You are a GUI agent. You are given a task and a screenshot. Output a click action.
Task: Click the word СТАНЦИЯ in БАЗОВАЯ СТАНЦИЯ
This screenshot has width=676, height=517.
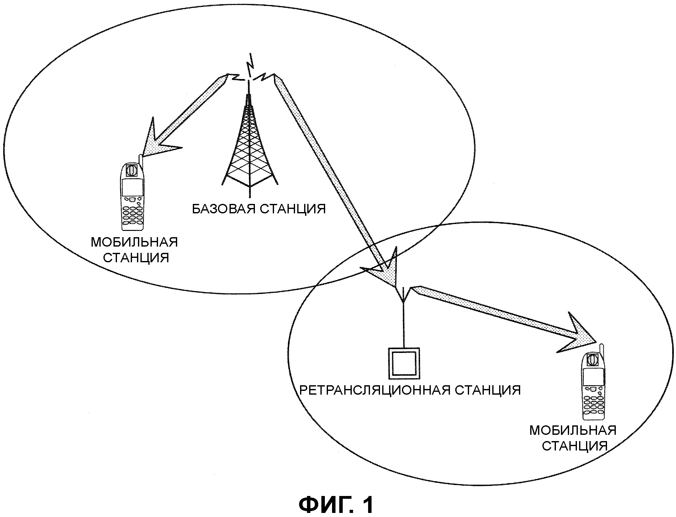(x=293, y=209)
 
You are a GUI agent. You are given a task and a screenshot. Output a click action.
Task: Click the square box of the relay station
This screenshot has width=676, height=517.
(x=404, y=363)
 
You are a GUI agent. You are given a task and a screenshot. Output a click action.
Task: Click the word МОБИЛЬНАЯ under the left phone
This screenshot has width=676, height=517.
(x=134, y=243)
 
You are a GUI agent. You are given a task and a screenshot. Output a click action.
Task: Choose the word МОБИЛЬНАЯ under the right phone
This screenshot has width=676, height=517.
(x=573, y=430)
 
